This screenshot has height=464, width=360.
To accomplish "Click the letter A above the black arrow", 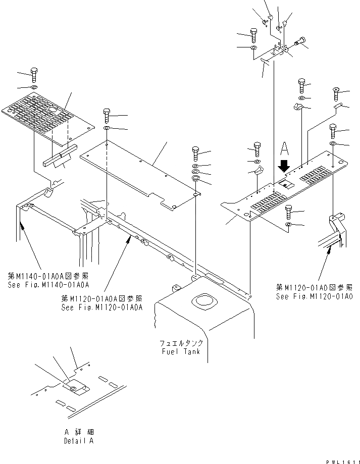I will (x=284, y=148).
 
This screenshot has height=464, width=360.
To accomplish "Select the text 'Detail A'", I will (x=78, y=441).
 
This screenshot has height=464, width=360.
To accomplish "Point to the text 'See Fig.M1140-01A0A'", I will (x=49, y=284).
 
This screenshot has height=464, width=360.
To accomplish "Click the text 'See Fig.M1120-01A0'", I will (x=315, y=296).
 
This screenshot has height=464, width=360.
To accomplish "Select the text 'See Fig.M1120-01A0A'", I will (x=101, y=306).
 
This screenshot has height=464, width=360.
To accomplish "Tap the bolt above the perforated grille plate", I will (x=34, y=74).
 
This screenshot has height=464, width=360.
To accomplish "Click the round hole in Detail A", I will (x=74, y=388).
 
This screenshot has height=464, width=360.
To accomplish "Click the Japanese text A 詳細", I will (x=78, y=432).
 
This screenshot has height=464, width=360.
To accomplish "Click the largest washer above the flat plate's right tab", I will (x=196, y=179).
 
